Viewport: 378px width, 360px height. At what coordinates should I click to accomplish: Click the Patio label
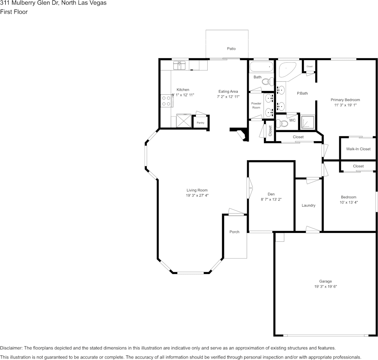(x=231, y=49)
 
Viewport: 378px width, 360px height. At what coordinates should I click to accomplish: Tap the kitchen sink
(x=179, y=65)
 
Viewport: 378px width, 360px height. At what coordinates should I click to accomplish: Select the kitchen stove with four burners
(x=166, y=101)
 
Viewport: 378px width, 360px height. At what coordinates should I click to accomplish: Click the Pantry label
(x=200, y=123)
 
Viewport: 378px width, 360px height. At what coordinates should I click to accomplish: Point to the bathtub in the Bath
(x=261, y=67)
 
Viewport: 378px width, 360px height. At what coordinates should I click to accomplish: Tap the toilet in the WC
(x=282, y=124)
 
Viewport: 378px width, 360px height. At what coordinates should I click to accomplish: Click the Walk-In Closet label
(x=358, y=149)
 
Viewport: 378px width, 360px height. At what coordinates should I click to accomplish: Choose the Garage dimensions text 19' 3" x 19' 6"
(x=326, y=287)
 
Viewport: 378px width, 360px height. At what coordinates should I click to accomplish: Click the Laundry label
(x=308, y=205)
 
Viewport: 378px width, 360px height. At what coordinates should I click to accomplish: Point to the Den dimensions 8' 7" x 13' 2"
(x=271, y=199)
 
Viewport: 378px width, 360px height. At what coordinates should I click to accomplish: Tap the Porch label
(x=234, y=232)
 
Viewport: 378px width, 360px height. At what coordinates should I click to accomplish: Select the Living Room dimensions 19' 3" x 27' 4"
(x=197, y=196)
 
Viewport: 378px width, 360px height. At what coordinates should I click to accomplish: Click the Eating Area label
(x=228, y=91)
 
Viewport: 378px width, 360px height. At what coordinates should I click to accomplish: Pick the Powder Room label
(x=256, y=105)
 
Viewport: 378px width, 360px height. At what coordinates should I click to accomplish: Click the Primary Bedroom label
(x=345, y=100)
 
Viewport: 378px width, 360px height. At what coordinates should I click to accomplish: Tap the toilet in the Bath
(x=268, y=81)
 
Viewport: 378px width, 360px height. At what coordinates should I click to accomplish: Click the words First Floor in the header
(x=14, y=12)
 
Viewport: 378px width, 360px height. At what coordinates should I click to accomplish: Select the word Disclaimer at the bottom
(x=11, y=348)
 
